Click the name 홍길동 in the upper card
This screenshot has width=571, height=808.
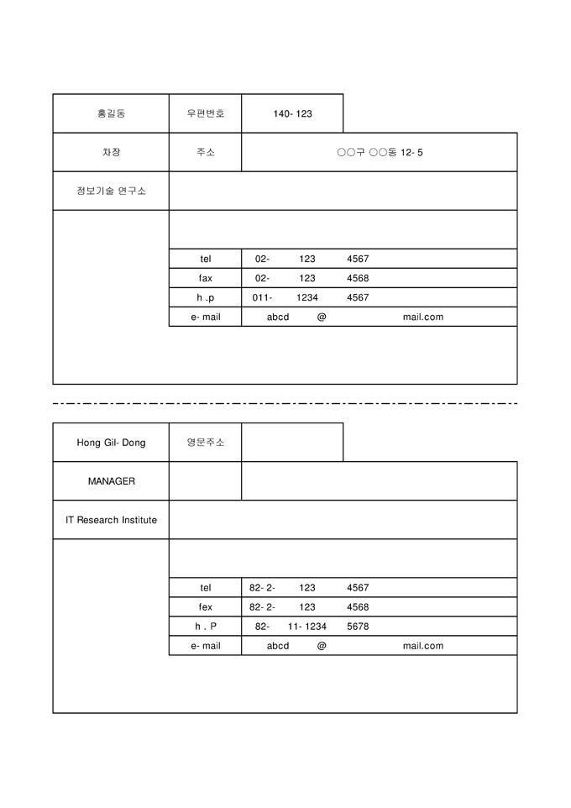pyautogui.click(x=111, y=113)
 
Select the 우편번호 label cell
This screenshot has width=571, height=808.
pyautogui.click(x=206, y=113)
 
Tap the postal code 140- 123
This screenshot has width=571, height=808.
pyautogui.click(x=292, y=113)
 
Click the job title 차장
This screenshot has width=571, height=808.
pyautogui.click(x=111, y=152)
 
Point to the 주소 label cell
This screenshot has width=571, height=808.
pyautogui.click(x=206, y=152)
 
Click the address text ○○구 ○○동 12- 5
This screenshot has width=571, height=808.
pyautogui.click(x=380, y=152)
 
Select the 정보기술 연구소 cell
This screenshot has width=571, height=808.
pyautogui.click(x=111, y=191)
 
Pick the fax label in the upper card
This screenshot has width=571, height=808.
pyautogui.click(x=206, y=278)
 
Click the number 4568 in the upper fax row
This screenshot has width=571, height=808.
pyautogui.click(x=358, y=278)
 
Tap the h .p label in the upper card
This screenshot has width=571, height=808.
pyautogui.click(x=206, y=297)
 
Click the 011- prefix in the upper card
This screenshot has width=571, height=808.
pyautogui.click(x=262, y=297)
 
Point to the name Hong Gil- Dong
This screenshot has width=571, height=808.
pyautogui.click(x=111, y=443)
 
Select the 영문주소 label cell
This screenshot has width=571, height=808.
pyautogui.click(x=206, y=443)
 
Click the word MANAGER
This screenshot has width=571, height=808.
pyautogui.click(x=111, y=481)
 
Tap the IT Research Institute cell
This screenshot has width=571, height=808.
pyautogui.click(x=111, y=520)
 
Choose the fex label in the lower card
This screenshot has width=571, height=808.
pyautogui.click(x=206, y=607)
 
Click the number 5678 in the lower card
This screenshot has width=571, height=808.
pyautogui.click(x=358, y=627)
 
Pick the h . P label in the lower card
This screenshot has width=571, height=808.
pyautogui.click(x=206, y=627)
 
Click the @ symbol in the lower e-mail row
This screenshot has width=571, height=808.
pyautogui.click(x=322, y=646)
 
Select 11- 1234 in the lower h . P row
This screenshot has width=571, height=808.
pyautogui.click(x=307, y=627)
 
